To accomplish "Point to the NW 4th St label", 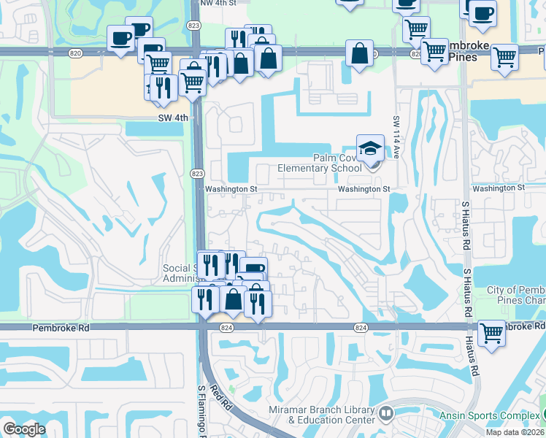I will point(218,3).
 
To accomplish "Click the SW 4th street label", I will point(173,118).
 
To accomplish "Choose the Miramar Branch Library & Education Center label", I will point(322,415).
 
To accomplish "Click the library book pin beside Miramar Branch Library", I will point(386,415).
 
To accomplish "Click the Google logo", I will point(24,429).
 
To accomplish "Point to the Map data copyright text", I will point(515,432).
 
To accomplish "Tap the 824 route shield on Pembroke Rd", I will point(361,328).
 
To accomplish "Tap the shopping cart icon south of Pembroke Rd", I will point(492,334).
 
